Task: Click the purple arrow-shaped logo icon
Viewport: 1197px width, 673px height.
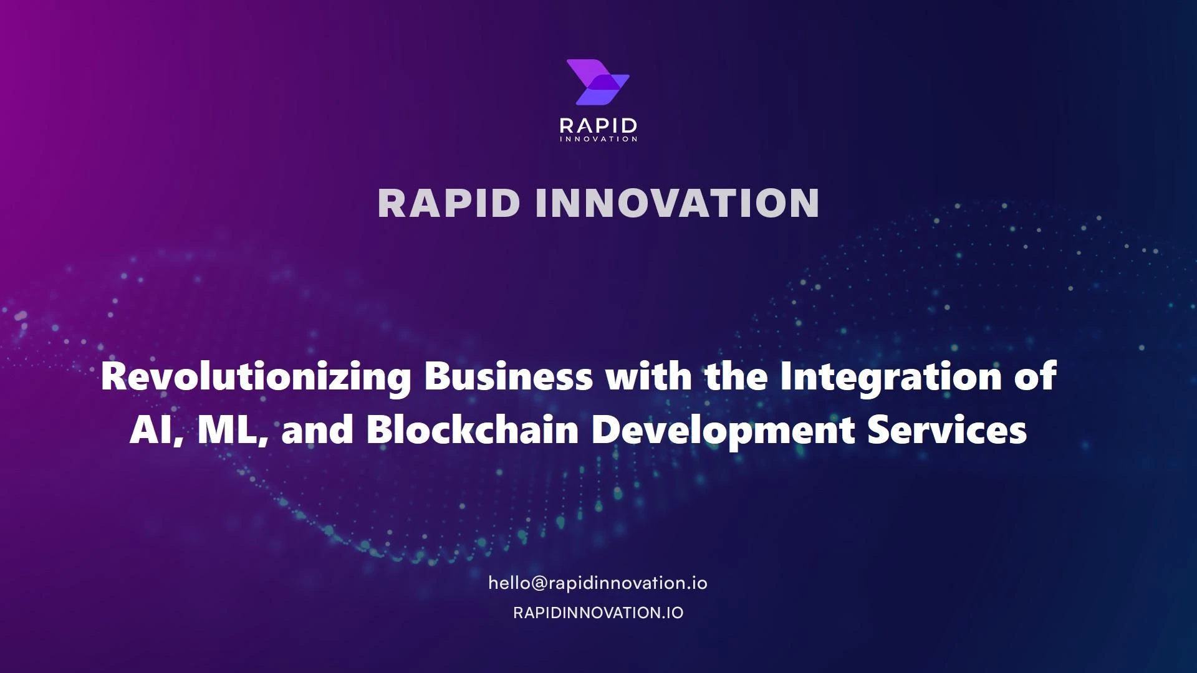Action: (x=598, y=82)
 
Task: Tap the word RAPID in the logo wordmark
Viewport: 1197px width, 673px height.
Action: (x=598, y=125)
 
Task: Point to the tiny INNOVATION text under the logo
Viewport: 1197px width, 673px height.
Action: (x=598, y=139)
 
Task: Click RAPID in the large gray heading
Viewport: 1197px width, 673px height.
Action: (x=448, y=203)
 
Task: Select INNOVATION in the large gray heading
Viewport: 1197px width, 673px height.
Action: (x=677, y=203)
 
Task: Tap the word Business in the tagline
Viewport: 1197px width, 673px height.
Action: (x=508, y=376)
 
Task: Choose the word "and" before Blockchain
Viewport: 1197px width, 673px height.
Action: (x=317, y=430)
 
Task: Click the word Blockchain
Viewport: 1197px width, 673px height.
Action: (x=472, y=430)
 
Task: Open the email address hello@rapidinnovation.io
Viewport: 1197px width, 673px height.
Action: (x=597, y=583)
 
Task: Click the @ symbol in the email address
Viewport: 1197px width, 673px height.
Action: (x=539, y=584)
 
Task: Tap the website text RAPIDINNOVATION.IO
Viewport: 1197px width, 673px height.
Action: (x=598, y=613)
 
